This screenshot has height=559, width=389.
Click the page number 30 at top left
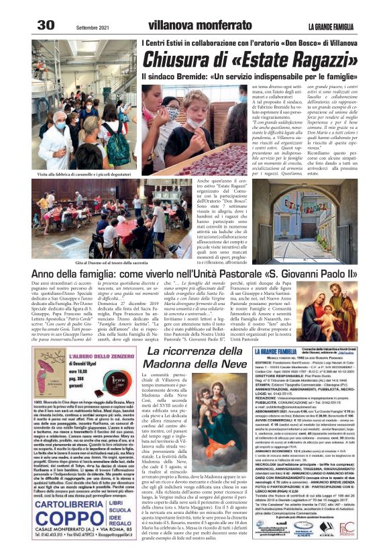pos(46,25)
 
